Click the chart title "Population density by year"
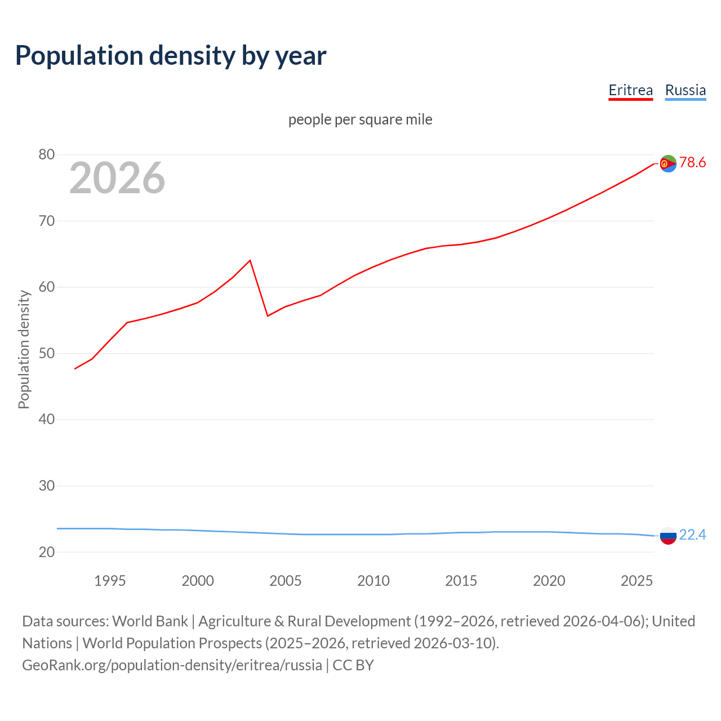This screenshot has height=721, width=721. (171, 56)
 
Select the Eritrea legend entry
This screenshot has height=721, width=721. (630, 90)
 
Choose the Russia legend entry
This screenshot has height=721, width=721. (685, 90)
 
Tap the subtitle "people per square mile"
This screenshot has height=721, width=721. (360, 119)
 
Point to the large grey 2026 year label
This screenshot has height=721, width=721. (117, 178)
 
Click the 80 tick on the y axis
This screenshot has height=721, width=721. (47, 155)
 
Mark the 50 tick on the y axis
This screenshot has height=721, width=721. (47, 354)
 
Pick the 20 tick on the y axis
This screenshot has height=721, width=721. (47, 552)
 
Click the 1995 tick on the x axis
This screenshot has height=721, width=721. (110, 581)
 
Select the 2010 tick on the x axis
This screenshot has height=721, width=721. (373, 581)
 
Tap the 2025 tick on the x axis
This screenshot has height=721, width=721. (637, 581)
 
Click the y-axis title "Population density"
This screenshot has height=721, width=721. (24, 349)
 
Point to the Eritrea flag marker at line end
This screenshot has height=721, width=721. (668, 163)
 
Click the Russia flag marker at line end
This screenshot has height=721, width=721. (668, 536)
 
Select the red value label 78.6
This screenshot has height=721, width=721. (692, 163)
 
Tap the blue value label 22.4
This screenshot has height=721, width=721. (692, 535)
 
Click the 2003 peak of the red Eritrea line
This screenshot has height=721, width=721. (250, 260)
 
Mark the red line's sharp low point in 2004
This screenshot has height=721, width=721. (268, 315)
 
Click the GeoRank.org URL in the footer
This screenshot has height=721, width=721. (172, 665)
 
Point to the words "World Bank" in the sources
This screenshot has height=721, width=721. (150, 621)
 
